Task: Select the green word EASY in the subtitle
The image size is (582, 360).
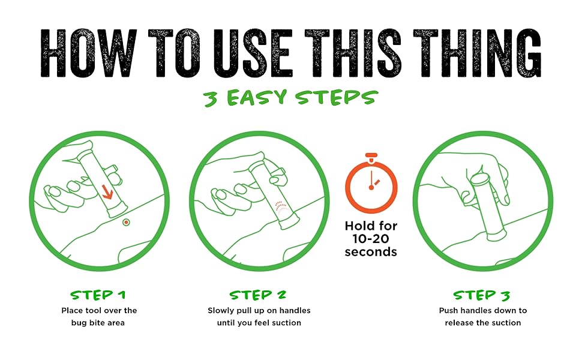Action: (257, 98)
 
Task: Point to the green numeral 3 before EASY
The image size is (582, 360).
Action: (211, 99)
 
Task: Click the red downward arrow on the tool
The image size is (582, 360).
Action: (107, 191)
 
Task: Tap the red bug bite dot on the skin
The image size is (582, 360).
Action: (126, 223)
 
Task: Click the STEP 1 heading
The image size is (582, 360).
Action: (98, 295)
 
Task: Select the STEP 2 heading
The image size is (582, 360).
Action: (258, 295)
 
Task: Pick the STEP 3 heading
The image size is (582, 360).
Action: (482, 295)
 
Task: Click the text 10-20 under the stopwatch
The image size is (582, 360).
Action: (371, 238)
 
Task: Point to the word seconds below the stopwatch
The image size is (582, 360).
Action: (371, 252)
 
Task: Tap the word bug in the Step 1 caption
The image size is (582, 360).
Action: (79, 323)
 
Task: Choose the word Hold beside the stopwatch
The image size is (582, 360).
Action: (358, 226)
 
